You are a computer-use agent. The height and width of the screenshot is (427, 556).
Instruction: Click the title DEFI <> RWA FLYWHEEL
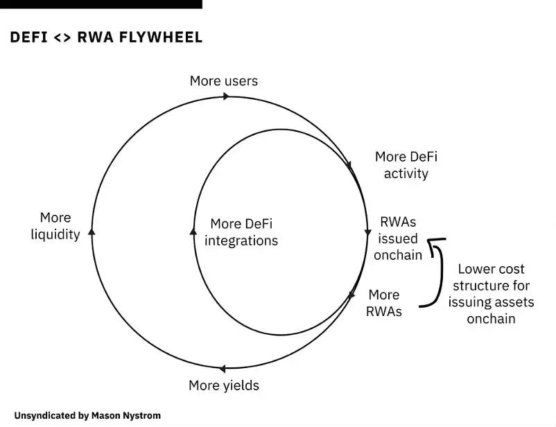[106, 37]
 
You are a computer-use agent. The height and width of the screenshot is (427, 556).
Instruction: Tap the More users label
[223, 81]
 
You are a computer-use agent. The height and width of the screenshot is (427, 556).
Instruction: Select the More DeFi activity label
[406, 165]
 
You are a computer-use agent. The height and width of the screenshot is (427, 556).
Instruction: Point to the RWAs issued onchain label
[398, 238]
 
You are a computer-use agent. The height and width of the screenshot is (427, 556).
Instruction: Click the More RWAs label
[384, 303]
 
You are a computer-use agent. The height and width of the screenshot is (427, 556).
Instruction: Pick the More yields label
[224, 385]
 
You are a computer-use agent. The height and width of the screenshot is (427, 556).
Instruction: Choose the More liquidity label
[55, 226]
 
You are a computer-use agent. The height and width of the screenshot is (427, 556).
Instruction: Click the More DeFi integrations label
[241, 232]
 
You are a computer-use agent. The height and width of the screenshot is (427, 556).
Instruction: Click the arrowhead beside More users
[225, 96]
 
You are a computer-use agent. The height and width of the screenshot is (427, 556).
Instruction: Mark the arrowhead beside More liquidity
[92, 232]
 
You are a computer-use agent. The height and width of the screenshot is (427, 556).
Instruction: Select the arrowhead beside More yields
[222, 369]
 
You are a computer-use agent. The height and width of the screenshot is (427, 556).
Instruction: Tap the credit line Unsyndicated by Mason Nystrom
[87, 416]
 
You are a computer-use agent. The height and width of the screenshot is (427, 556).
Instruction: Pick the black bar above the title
[101, 4]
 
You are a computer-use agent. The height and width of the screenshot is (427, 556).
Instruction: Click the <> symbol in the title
[62, 37]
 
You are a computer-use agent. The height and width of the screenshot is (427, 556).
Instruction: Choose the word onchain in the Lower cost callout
[491, 319]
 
